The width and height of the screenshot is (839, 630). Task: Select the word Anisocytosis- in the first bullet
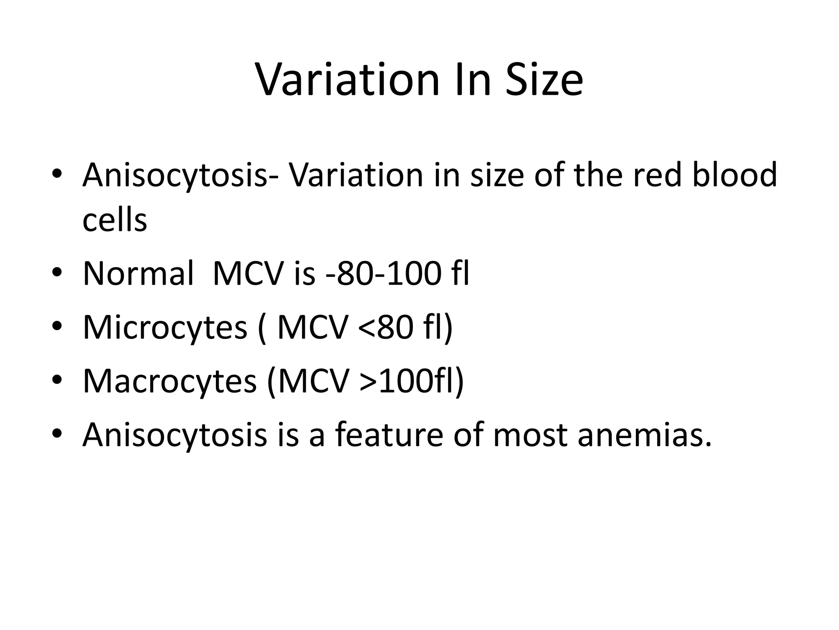pyautogui.click(x=175, y=176)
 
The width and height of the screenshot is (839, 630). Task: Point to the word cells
pyautogui.click(x=115, y=220)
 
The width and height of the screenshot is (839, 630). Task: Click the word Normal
pyautogui.click(x=138, y=273)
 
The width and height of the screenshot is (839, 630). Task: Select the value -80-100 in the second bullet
pyautogui.click(x=376, y=273)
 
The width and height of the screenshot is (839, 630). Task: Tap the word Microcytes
pyautogui.click(x=165, y=327)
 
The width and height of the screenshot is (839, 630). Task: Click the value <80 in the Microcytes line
pyautogui.click(x=385, y=327)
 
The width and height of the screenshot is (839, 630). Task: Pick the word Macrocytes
pyautogui.click(x=170, y=381)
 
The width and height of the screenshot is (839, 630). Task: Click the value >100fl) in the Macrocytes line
pyautogui.click(x=412, y=381)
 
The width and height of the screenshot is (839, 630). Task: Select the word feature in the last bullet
pyautogui.click(x=389, y=435)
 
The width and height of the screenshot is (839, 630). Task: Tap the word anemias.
pyautogui.click(x=645, y=435)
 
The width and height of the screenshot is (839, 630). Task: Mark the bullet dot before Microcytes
pyautogui.click(x=57, y=327)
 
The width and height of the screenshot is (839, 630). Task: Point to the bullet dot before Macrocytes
pyautogui.click(x=57, y=381)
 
